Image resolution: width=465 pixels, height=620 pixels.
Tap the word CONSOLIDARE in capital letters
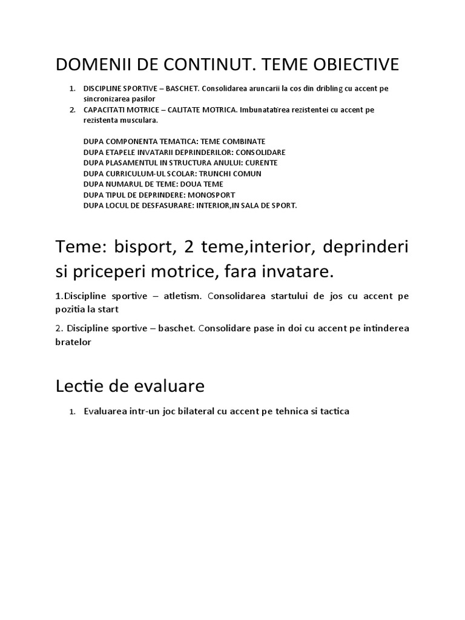click(x=260, y=152)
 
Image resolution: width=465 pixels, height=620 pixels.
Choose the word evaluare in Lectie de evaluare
click(x=170, y=386)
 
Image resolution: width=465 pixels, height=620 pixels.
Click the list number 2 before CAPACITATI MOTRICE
click(x=71, y=110)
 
